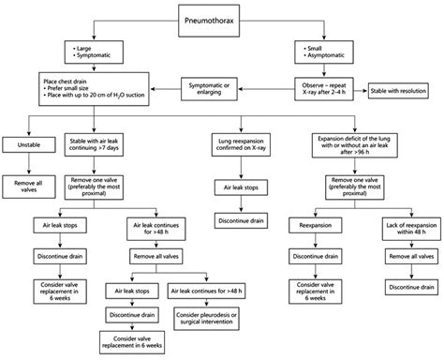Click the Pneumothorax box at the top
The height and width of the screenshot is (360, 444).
tap(222, 17)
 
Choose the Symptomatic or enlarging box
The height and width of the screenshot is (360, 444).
tap(216, 90)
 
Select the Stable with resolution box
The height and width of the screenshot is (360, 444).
tap(404, 90)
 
